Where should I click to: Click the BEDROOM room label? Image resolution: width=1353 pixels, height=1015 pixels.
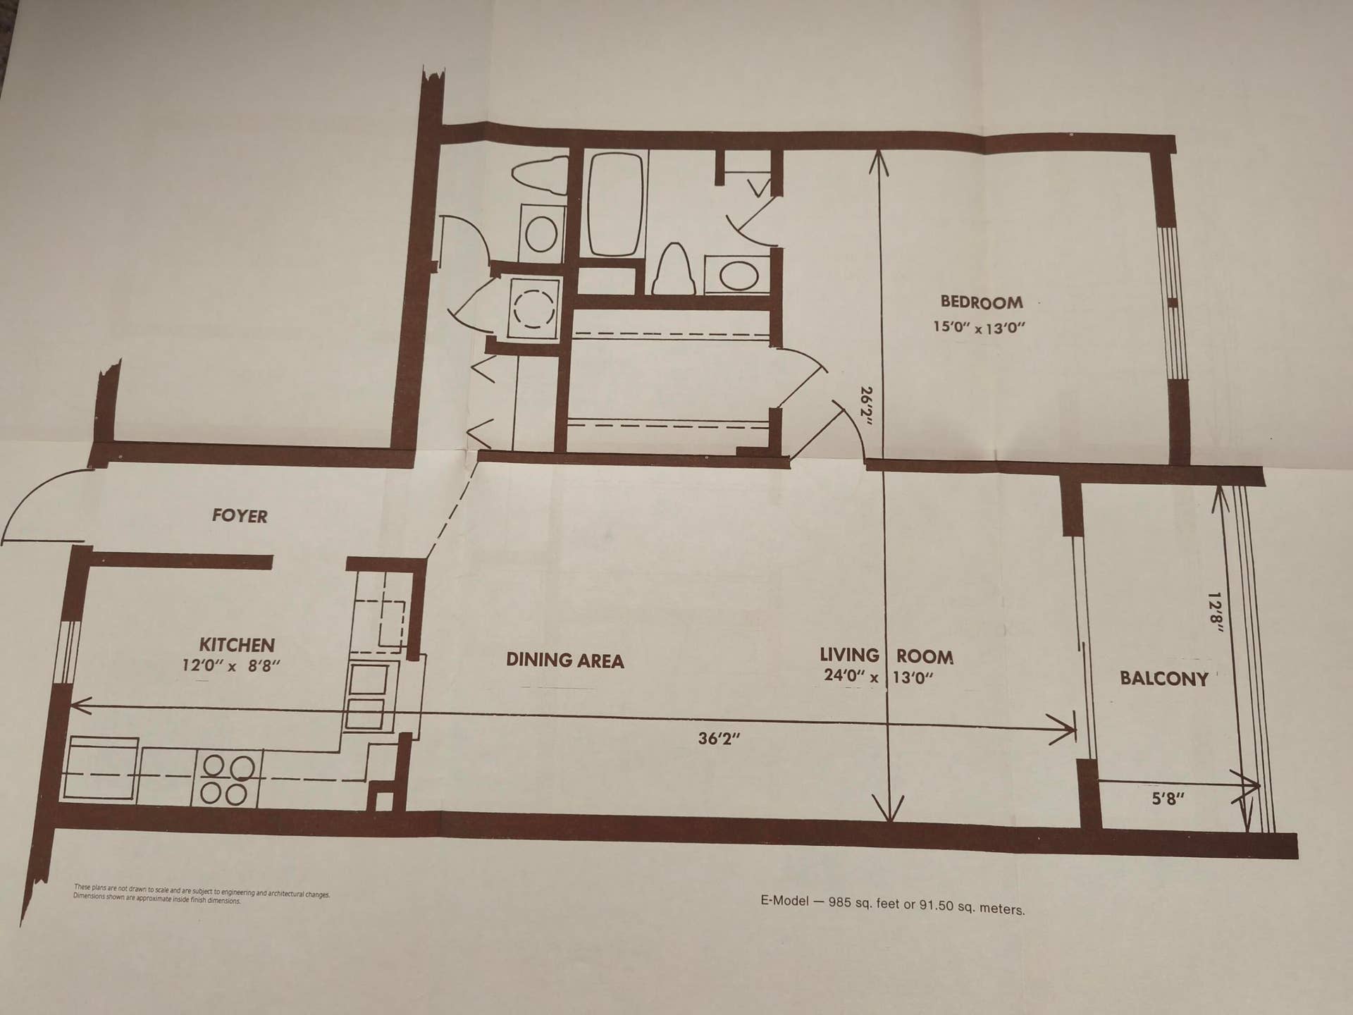point(982,302)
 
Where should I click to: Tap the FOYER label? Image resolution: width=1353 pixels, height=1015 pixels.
point(240,516)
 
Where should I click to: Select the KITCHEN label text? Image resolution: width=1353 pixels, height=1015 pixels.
point(237,645)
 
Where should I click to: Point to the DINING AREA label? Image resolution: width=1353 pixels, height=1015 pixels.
point(565,660)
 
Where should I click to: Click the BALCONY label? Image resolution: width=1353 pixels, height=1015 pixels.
point(1164,679)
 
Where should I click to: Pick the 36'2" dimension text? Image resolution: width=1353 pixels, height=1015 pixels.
point(719,739)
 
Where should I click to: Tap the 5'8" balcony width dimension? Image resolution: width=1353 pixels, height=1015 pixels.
point(1168,799)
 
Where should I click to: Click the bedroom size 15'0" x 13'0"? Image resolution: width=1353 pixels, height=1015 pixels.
point(979,328)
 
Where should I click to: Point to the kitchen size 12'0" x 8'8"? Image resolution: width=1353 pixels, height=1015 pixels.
point(231,665)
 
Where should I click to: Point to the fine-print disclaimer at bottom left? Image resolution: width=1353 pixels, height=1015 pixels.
point(202,894)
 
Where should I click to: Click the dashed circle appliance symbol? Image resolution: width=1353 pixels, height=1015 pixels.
point(533,309)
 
